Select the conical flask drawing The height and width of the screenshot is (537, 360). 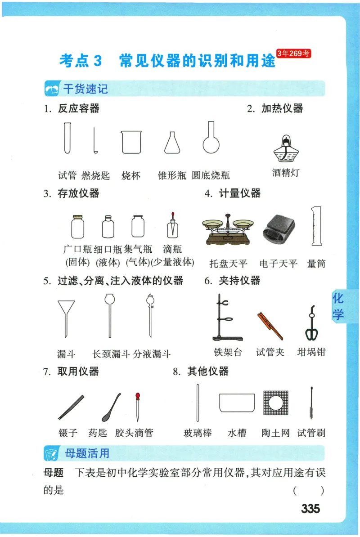point(172,143)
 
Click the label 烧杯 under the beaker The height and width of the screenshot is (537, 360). point(131,175)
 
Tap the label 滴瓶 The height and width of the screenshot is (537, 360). point(172,249)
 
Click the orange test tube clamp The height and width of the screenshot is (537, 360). point(270,325)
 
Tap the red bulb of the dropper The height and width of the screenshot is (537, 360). point(138,397)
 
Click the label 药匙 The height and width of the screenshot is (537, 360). point(98,433)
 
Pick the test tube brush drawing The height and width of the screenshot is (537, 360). point(311,403)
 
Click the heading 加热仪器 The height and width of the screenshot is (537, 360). point(282,108)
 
